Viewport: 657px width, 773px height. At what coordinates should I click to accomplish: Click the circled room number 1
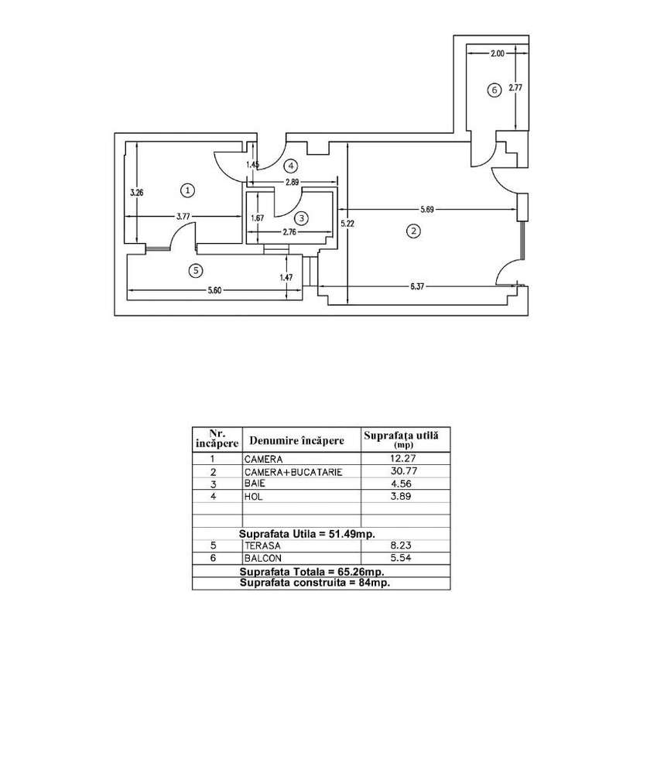pyautogui.click(x=187, y=190)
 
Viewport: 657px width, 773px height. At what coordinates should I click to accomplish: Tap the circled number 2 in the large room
pyautogui.click(x=413, y=231)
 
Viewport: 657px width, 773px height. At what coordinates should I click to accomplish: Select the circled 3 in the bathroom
pyautogui.click(x=301, y=218)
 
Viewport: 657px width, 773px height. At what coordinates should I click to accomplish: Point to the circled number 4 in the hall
pyautogui.click(x=291, y=166)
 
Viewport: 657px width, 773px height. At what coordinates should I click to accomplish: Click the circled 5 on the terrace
pyautogui.click(x=196, y=270)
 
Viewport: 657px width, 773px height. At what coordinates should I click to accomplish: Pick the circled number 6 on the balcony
pyautogui.click(x=494, y=91)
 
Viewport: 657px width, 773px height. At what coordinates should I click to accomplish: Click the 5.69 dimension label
pyautogui.click(x=427, y=210)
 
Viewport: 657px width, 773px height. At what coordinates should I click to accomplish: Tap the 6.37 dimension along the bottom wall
pyautogui.click(x=417, y=286)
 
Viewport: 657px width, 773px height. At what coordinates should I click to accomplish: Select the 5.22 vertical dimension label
pyautogui.click(x=347, y=224)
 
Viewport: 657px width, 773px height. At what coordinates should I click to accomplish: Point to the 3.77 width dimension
pyautogui.click(x=183, y=216)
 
